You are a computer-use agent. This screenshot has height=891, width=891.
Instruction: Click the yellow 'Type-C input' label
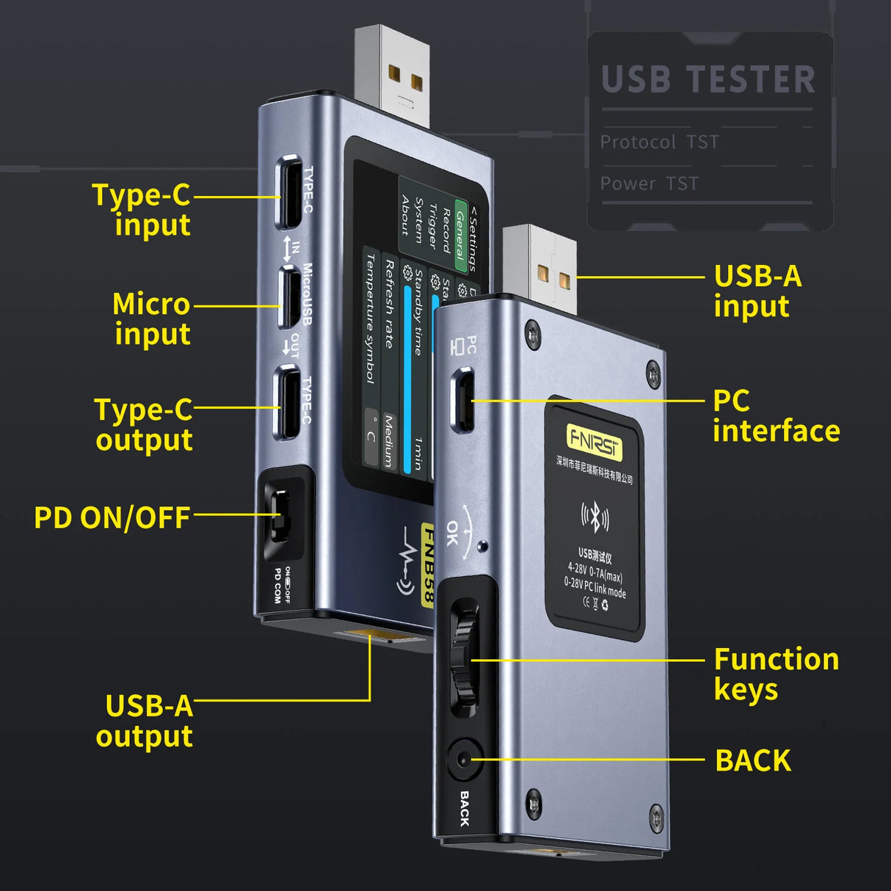coord(142,210)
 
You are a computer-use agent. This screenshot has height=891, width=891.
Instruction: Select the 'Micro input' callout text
coord(152,319)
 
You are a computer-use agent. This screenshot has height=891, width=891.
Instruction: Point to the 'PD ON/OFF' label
coord(112,517)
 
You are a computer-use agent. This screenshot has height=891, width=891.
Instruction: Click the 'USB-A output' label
coord(145,721)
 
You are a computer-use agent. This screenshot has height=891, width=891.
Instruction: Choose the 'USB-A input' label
coord(757,291)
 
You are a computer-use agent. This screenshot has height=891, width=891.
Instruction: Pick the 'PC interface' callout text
coord(775,415)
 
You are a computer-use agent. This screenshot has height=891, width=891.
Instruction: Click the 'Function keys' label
coord(775,674)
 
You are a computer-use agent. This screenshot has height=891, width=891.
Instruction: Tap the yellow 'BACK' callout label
coord(752,760)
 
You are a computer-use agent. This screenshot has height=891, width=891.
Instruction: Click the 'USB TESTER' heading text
coord(708,79)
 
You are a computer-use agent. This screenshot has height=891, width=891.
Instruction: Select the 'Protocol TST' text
coord(659,142)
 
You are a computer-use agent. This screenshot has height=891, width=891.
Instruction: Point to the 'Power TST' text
coord(649,183)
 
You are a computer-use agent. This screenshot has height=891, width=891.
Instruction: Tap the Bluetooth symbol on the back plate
coord(595,517)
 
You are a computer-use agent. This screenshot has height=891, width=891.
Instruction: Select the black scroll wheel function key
coord(464,658)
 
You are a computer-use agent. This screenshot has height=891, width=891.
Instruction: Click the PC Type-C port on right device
coord(463,399)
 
